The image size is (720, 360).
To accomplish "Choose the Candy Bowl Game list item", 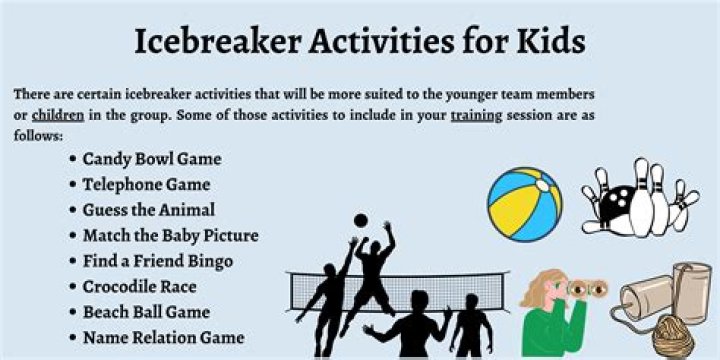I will pos(152,159).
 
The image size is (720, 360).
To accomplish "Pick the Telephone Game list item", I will pos(146,184).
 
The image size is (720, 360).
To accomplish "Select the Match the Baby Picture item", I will pos(170,236).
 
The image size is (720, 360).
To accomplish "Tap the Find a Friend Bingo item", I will pos(158,261).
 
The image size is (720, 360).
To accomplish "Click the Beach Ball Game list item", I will pos(146,312).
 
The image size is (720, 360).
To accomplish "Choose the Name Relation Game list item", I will pos(163,338).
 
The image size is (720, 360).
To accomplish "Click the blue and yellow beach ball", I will pos(524,203).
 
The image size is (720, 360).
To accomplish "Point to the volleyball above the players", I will pos(360,220).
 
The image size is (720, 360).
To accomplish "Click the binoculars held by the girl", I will pos(585,289).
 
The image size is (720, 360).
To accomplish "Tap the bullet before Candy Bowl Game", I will pos(74,160).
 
